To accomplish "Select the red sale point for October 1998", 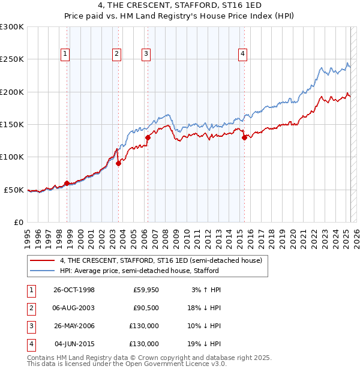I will (67, 183).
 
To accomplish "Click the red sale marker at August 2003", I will (118, 163).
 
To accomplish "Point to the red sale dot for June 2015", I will (244, 137).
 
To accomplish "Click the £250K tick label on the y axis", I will (12, 59).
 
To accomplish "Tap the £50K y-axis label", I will (14, 190).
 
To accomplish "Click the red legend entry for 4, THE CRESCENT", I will (161, 261).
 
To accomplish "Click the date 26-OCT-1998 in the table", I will (74, 290).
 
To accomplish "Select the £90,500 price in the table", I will (146, 308).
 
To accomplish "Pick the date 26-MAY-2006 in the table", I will (74, 326).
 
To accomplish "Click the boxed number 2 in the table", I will (31, 308).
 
